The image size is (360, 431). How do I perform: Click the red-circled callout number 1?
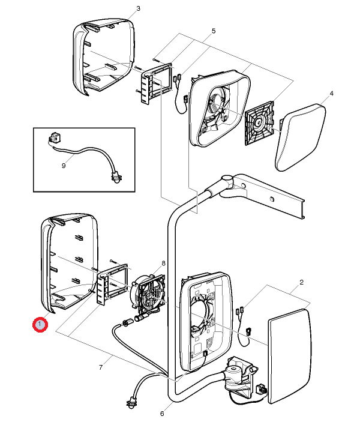pos(40,325)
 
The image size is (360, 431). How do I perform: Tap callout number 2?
pos(301,282)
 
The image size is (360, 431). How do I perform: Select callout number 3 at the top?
pos(139,9)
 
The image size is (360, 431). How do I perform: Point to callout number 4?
pos(332,94)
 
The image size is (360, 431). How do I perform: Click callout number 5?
pos(214,31)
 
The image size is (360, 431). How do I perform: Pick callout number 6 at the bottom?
pos(162,413)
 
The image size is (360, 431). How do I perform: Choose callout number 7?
pos(101,367)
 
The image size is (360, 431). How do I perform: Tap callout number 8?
pos(163,264)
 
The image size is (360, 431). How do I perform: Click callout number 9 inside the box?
pos(64,166)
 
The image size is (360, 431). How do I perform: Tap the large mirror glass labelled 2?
pos(289,357)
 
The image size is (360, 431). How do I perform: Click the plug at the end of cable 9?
pos(115,177)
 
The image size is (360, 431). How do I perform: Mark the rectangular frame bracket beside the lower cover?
pos(111,285)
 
